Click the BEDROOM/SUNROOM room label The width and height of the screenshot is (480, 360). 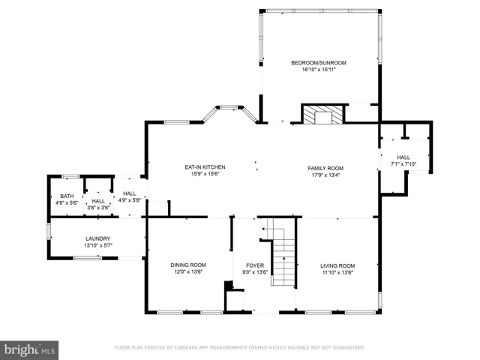click(x=319, y=63)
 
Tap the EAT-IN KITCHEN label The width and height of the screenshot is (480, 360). click(x=205, y=167)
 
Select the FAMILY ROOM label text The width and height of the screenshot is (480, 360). click(x=325, y=168)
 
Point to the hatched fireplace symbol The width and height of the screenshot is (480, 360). click(x=323, y=115)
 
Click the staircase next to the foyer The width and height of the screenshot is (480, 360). click(x=280, y=252)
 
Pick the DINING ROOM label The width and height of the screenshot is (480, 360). click(x=188, y=265)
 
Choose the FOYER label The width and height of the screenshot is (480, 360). click(x=255, y=265)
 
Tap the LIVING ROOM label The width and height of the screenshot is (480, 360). click(x=337, y=265)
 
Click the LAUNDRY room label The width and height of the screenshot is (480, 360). click(x=98, y=238)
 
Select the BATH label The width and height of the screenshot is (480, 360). click(x=67, y=196)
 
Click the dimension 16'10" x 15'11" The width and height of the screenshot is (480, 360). click(x=319, y=70)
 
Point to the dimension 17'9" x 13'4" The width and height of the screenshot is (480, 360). click(x=325, y=175)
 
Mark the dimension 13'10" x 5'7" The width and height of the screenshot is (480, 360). click(x=98, y=245)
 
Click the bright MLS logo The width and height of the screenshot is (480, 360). click(x=29, y=350)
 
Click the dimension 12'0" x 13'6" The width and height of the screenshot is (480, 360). click(x=188, y=272)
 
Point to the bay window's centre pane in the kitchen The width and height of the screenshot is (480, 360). click(x=229, y=107)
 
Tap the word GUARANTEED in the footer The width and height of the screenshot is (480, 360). click(x=349, y=348)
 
